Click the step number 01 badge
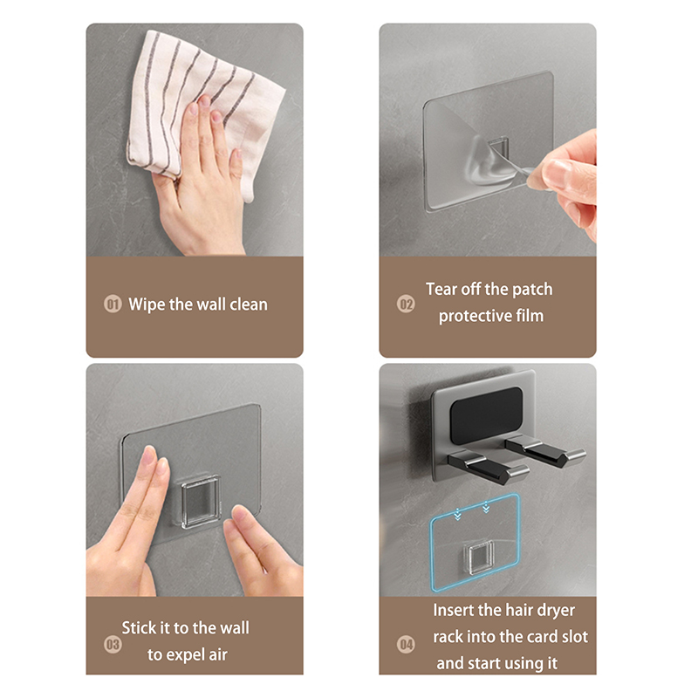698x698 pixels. click(x=113, y=305)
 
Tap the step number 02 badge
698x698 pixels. click(x=406, y=305)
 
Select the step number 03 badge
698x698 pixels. click(x=113, y=644)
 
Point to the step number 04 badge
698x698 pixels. click(x=406, y=644)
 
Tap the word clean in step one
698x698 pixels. click(x=249, y=305)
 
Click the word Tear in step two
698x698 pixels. click(x=441, y=289)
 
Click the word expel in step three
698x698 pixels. click(x=184, y=655)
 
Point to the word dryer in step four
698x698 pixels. click(x=556, y=611)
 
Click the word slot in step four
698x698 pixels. click(x=575, y=637)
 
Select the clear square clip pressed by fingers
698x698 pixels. click(x=202, y=501)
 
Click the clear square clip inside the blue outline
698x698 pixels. click(x=478, y=558)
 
